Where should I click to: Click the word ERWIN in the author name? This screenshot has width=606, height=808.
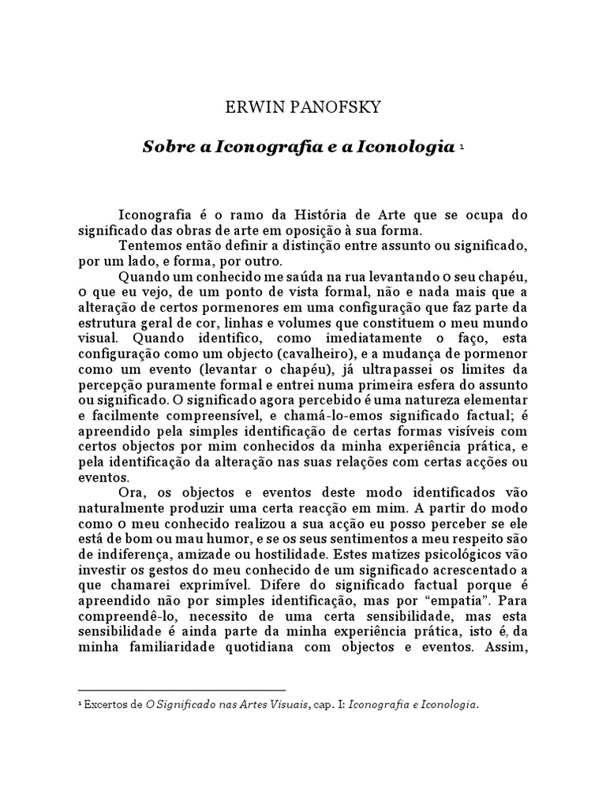tap(244, 108)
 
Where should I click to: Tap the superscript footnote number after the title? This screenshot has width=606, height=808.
tap(461, 146)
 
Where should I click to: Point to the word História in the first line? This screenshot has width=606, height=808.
tap(323, 215)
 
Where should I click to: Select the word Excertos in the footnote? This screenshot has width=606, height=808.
tap(114, 705)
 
